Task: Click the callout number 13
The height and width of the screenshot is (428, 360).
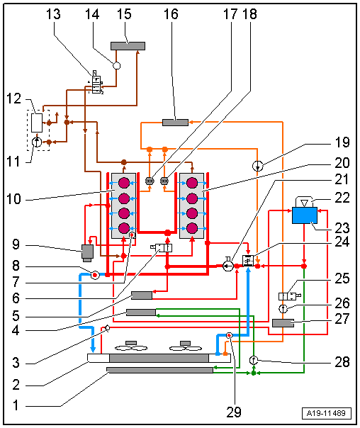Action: tap(53, 14)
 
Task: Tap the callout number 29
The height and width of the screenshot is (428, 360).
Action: tap(234, 412)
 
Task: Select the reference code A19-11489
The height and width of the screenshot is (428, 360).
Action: tap(326, 413)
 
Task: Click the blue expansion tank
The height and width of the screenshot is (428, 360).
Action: tap(305, 215)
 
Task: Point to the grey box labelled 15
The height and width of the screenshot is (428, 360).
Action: tap(128, 46)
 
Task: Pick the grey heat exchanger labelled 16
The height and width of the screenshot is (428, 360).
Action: tap(175, 123)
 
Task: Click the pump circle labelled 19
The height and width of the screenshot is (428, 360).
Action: tap(257, 166)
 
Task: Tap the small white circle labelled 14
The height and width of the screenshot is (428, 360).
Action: tap(116, 66)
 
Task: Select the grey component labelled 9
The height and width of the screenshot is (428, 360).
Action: tap(87, 253)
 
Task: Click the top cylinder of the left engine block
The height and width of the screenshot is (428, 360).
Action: tap(123, 183)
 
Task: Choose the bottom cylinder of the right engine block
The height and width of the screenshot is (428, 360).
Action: tap(192, 228)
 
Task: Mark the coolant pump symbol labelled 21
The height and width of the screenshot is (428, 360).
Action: tap(228, 265)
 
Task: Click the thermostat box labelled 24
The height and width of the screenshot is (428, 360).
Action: tap(248, 261)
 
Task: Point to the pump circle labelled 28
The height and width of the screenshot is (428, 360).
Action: tap(254, 360)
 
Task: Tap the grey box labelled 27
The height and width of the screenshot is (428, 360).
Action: tap(283, 323)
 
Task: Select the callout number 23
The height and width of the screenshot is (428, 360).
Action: tap(342, 227)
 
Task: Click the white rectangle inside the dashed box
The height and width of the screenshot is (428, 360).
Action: tap(37, 123)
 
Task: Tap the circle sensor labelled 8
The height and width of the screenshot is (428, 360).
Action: tap(95, 275)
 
